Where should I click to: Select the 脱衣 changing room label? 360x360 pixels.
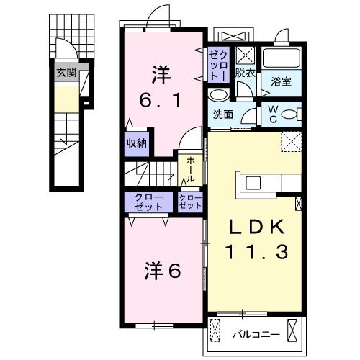coord(244,73)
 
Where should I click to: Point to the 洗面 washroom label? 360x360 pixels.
coord(222,115)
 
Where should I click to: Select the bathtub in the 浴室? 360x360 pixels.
coord(282,58)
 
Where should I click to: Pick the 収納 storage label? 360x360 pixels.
coord(137,143)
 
